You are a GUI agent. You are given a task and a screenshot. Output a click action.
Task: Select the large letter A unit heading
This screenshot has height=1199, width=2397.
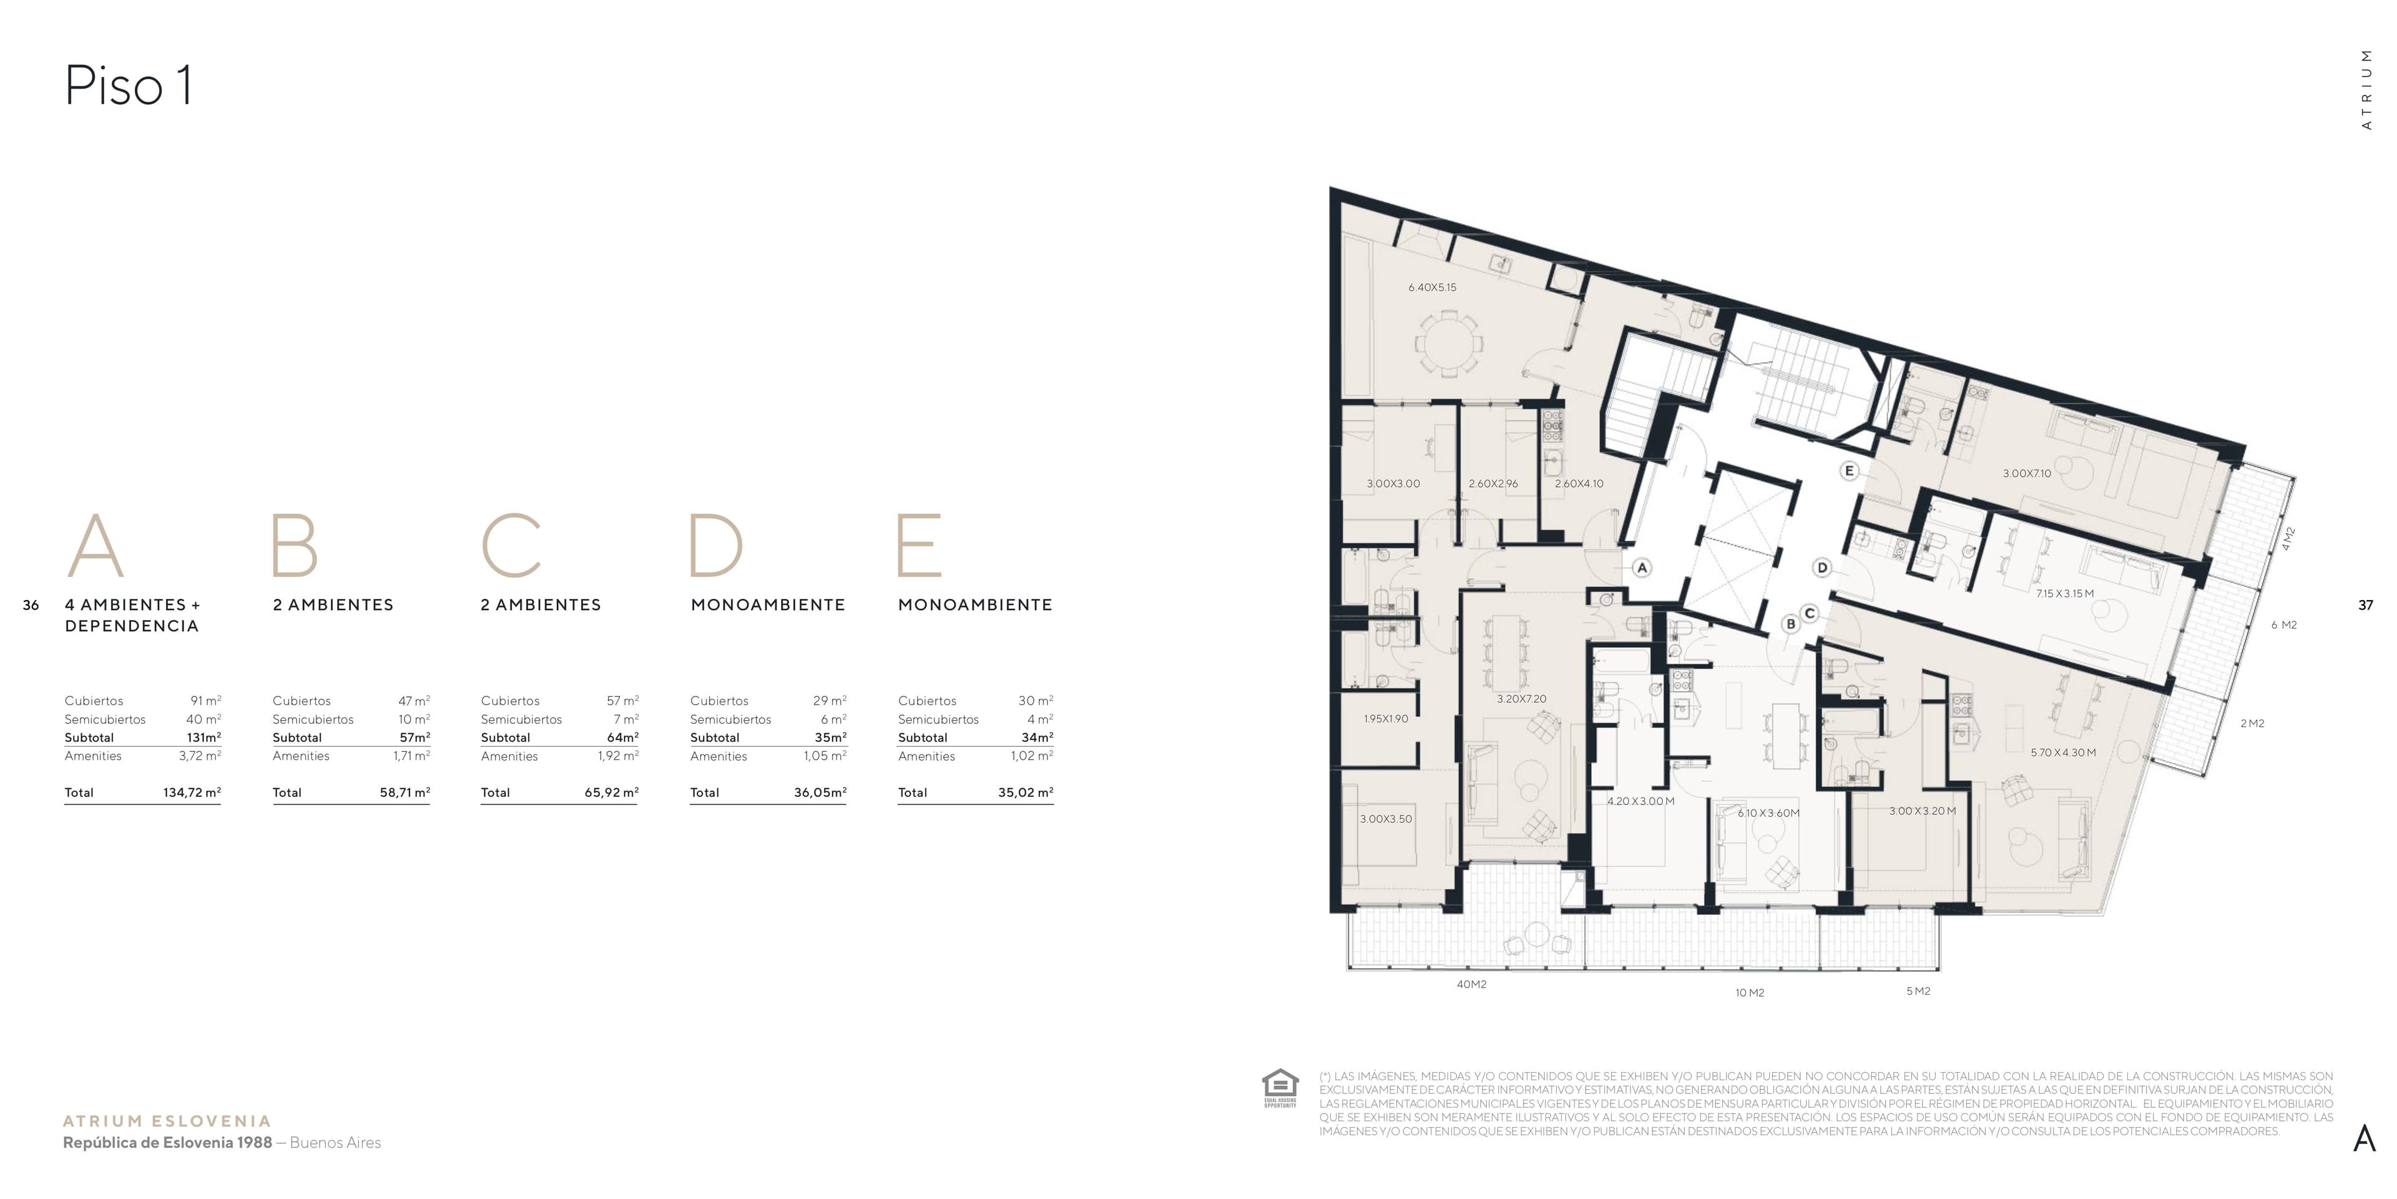pos(95,546)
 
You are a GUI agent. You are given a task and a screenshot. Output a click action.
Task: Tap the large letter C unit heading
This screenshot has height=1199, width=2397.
pos(511,546)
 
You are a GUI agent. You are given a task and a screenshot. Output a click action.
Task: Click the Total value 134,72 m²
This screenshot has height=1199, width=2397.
pos(192,793)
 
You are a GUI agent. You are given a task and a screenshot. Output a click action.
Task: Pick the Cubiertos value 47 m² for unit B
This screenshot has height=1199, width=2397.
pos(414,701)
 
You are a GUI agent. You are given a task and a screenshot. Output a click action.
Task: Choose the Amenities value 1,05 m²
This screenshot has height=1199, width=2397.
pos(825,756)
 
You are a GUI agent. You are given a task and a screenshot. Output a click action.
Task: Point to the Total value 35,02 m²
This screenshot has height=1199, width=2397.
pos(1026,793)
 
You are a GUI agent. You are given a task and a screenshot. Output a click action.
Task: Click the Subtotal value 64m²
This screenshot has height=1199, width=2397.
pos(622,738)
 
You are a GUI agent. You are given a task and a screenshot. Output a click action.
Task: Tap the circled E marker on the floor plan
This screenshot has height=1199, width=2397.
pos(1849,471)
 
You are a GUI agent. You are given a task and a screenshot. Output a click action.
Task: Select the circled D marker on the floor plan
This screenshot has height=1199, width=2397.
pos(1822,568)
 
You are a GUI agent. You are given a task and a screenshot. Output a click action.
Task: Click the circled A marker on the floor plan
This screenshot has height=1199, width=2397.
pos(1642,568)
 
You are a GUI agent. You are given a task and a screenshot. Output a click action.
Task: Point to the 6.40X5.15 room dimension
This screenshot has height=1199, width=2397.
pos(1432,288)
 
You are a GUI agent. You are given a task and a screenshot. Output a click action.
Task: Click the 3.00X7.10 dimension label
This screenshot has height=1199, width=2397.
pos(2027,474)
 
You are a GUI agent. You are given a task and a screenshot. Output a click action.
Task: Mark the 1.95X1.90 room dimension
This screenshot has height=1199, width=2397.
pos(1386,719)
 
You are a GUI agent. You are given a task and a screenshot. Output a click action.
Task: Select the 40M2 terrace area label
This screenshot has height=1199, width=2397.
pos(1471,984)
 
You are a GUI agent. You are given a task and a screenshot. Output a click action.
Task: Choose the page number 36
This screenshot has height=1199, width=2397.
pos(31,605)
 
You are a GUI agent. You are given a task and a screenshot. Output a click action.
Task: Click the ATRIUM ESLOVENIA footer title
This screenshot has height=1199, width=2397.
pos(167,1122)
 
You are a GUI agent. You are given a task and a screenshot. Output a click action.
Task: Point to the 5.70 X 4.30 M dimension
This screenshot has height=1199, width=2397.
pos(2063,752)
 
